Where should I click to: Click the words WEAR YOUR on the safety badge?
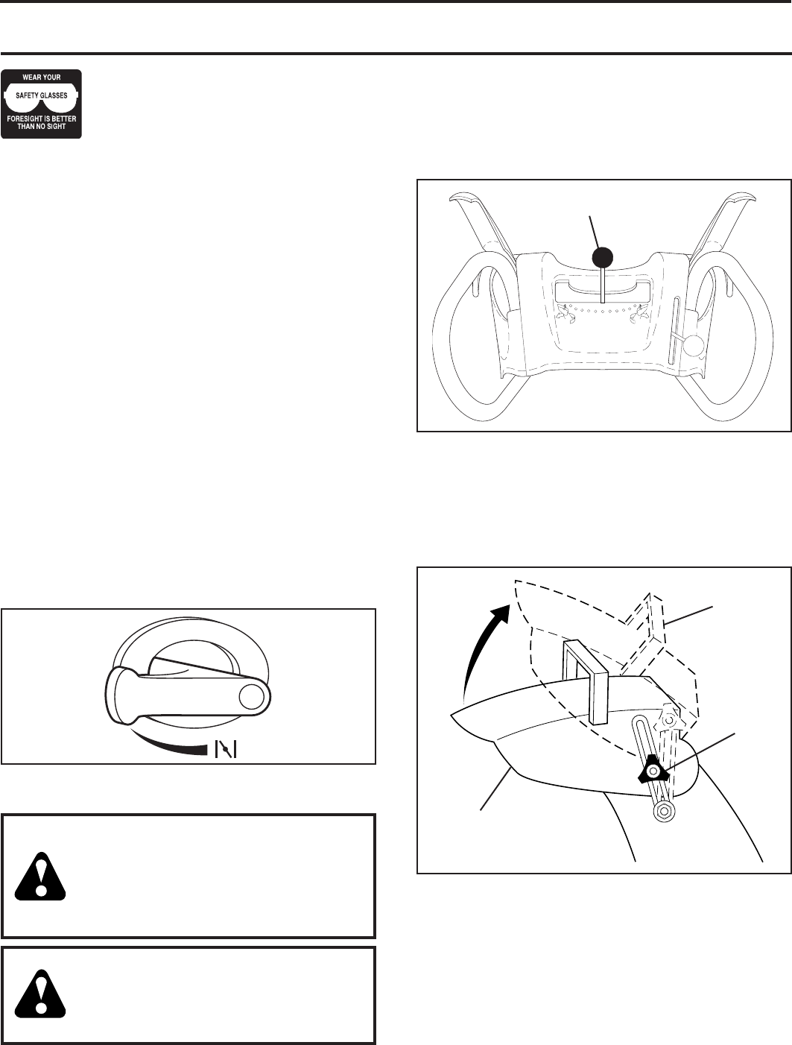point(42,78)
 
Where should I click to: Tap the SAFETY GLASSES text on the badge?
point(42,95)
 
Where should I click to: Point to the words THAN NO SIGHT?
point(42,127)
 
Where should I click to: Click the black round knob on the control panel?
point(602,257)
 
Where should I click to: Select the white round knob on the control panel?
point(694,344)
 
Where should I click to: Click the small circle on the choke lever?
point(251,695)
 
